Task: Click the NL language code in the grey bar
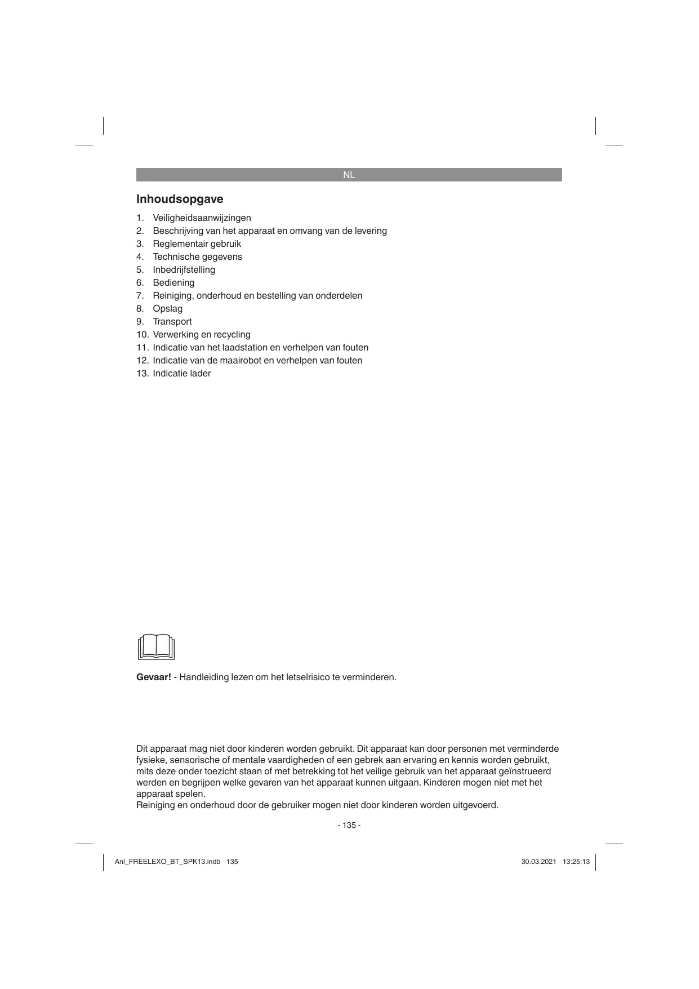click(349, 175)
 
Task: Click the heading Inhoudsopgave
click(180, 199)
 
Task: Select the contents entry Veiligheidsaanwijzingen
click(202, 218)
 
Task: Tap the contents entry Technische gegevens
click(197, 257)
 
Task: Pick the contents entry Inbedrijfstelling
click(184, 270)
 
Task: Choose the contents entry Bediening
click(173, 283)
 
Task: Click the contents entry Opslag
click(167, 309)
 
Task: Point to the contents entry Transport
click(172, 322)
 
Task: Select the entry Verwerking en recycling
click(201, 335)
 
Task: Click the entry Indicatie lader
click(181, 374)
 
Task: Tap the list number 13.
click(141, 374)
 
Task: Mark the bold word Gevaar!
click(153, 677)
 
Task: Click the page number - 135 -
click(349, 826)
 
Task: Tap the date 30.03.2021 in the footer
click(538, 862)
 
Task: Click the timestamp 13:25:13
click(576, 862)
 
